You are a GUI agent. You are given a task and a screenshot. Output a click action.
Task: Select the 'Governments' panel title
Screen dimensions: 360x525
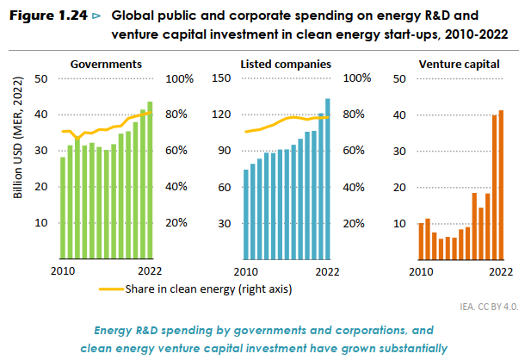click(106, 65)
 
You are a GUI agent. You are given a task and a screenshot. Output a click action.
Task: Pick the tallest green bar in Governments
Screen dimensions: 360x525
click(150, 180)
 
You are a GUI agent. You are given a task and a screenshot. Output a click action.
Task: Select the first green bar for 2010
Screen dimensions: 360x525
click(63, 208)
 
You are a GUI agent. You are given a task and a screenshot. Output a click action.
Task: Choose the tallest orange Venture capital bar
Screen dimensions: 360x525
click(501, 184)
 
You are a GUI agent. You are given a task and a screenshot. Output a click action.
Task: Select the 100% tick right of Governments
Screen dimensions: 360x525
click(177, 78)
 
